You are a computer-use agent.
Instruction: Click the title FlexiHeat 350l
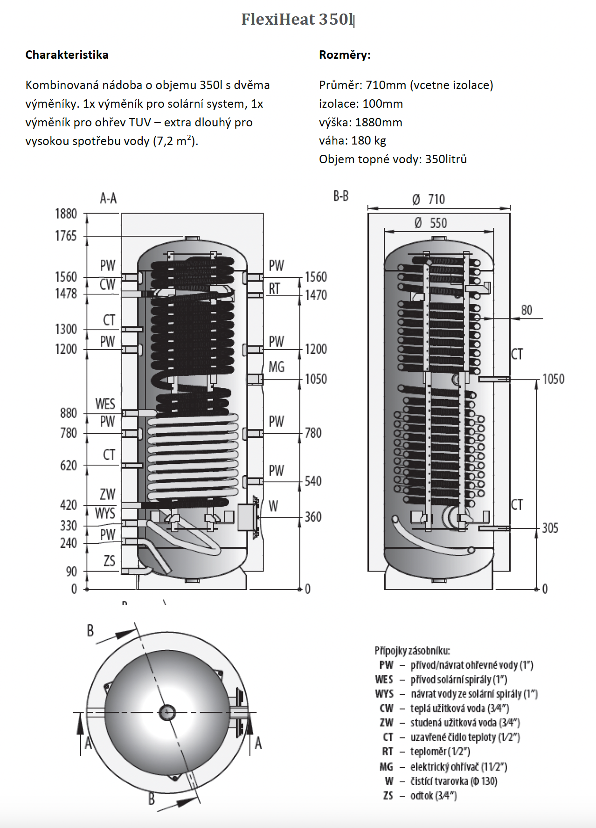[x=297, y=19]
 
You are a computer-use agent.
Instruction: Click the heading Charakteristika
[x=67, y=55]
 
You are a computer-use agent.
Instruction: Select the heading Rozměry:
[x=345, y=55]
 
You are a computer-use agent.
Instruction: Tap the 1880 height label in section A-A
[x=66, y=214]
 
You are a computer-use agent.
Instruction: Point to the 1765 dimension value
[x=66, y=236]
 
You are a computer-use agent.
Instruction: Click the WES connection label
[x=105, y=404]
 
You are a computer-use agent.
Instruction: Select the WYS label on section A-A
[x=105, y=513]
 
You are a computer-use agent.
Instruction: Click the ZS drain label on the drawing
[x=109, y=561]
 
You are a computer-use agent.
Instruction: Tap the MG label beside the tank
[x=276, y=367]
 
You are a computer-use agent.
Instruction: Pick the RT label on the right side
[x=274, y=289]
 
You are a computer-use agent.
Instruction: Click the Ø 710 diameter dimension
[x=429, y=200]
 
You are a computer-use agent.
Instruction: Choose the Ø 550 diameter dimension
[x=431, y=223]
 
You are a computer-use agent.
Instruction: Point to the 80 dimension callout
[x=527, y=310]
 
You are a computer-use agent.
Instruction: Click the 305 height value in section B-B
[x=550, y=528]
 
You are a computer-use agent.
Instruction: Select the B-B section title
[x=341, y=196]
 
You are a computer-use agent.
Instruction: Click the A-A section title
[x=108, y=198]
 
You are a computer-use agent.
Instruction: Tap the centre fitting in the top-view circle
[x=167, y=712]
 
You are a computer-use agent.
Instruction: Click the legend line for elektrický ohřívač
[x=443, y=766]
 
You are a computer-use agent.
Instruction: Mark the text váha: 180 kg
[x=352, y=140]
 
